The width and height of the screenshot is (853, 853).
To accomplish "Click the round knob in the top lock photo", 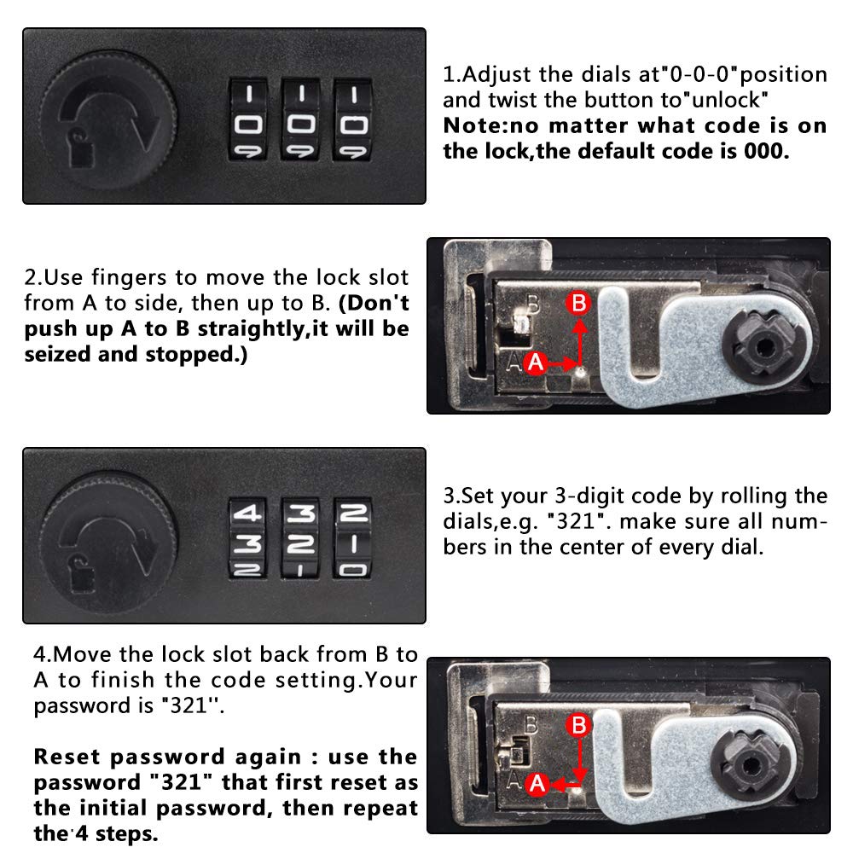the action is point(110,119).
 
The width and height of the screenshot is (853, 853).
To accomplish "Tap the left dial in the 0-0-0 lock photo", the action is point(247,119).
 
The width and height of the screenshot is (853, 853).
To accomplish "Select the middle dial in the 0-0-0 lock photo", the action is point(300,119).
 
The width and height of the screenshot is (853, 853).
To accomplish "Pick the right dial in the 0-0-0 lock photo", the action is point(353,119).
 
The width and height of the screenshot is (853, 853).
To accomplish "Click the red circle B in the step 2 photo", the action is point(578,303).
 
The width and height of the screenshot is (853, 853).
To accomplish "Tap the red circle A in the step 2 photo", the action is point(536,363).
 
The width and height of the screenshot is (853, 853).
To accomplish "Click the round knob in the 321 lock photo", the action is point(109,538).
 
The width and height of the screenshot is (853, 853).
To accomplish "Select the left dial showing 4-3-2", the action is point(247,538).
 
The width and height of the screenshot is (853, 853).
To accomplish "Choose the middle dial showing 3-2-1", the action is point(300,538).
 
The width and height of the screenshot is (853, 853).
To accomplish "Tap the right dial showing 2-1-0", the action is point(353,538).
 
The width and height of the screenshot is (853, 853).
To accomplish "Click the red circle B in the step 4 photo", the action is point(578,724).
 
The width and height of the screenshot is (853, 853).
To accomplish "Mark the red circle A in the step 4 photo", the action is point(537,784).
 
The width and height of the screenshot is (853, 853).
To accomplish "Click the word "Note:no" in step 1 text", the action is point(490,125).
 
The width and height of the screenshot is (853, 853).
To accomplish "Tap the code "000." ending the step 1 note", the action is point(767,151).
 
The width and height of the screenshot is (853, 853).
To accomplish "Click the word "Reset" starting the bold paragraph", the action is point(67,757).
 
